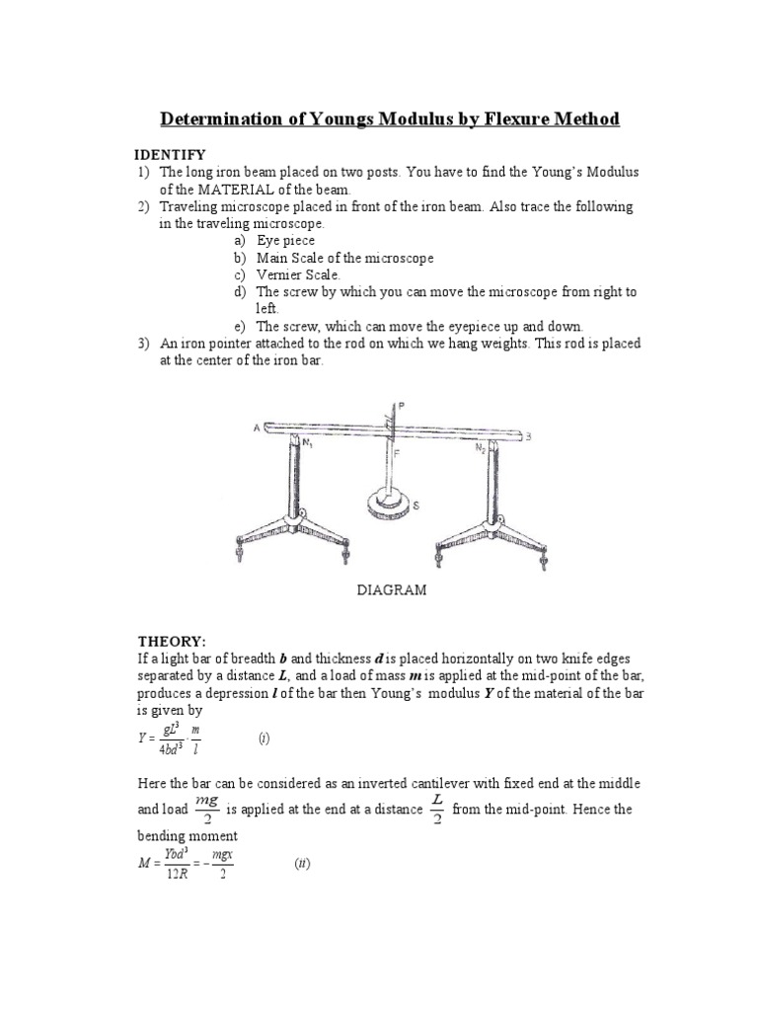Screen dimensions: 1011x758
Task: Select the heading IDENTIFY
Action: coord(170,154)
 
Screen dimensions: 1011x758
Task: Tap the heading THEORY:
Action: coord(170,640)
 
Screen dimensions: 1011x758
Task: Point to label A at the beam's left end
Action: coord(257,426)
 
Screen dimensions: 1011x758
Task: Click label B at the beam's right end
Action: coord(529,435)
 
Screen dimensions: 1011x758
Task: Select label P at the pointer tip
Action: coord(402,405)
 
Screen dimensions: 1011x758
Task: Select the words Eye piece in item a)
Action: coord(285,240)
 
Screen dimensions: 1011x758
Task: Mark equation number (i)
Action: coord(264,738)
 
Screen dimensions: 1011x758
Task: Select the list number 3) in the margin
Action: coord(143,344)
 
